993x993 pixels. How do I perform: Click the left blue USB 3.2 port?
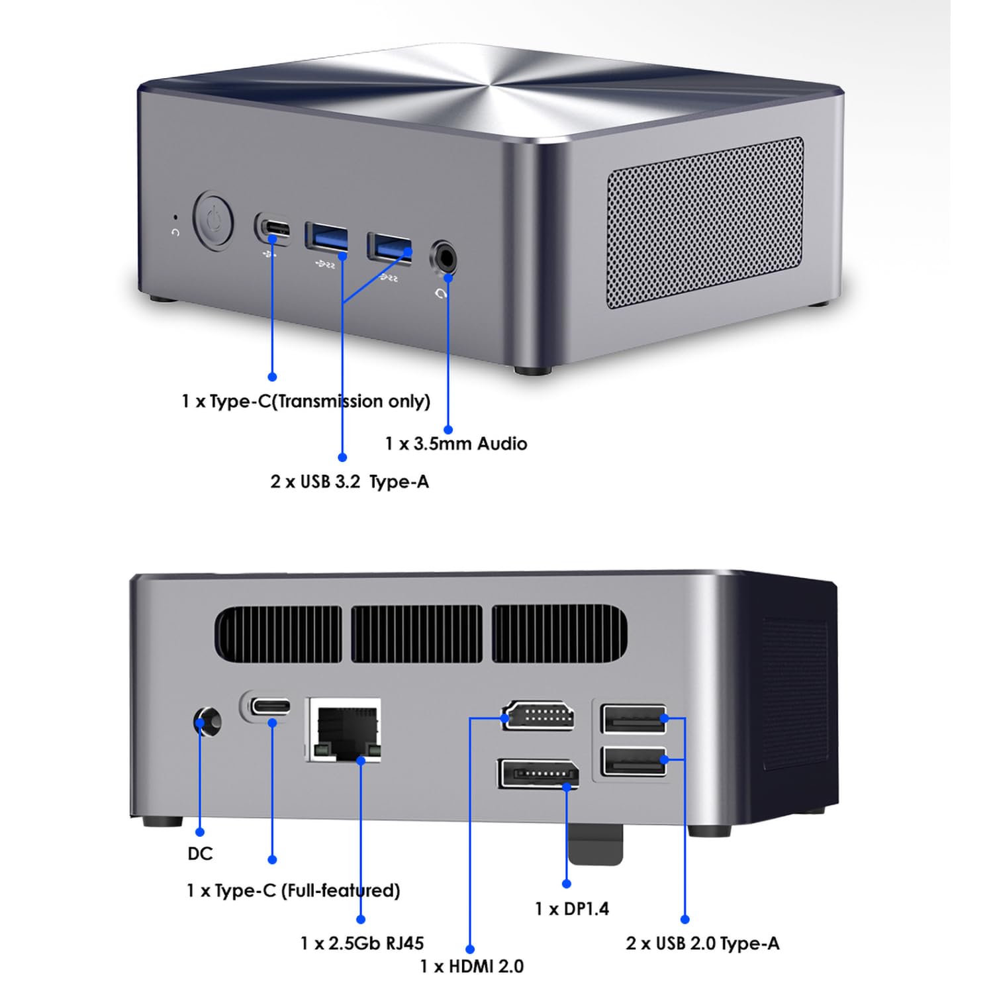click(326, 238)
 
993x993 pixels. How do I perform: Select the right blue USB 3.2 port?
click(389, 246)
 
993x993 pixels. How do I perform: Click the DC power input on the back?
click(207, 721)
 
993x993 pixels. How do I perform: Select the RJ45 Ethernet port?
click(344, 730)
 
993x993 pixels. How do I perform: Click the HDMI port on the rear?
click(538, 716)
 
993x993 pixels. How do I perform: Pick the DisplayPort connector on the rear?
click(538, 773)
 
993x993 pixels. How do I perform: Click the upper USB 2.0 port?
click(633, 719)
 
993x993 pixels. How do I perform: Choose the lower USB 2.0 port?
click(633, 761)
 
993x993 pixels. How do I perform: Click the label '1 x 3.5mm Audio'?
click(456, 444)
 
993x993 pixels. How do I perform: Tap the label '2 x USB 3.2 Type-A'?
click(350, 482)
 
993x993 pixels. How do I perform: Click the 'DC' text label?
click(200, 854)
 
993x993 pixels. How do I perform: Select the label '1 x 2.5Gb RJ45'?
click(362, 943)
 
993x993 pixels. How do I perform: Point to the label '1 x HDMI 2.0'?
click(471, 967)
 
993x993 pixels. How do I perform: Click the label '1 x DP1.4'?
click(572, 909)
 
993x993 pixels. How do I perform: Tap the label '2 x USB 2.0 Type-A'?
click(702, 943)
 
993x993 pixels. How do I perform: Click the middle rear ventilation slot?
click(416, 634)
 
